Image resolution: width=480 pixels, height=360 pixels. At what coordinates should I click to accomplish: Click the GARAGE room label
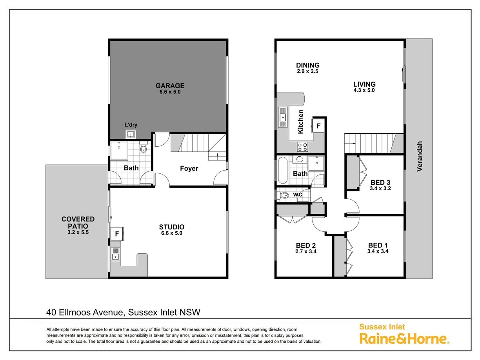tap(170, 85)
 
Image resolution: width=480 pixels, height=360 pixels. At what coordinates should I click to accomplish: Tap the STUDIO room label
tap(172, 227)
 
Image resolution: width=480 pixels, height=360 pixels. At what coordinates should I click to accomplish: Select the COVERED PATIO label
tap(78, 222)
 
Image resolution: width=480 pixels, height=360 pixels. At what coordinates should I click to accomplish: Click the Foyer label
tap(189, 168)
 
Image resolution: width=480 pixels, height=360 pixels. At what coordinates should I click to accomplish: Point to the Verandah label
tap(420, 156)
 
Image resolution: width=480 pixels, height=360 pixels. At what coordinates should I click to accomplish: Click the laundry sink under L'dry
tap(131, 134)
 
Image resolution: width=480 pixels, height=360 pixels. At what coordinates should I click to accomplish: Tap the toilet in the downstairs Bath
tap(143, 147)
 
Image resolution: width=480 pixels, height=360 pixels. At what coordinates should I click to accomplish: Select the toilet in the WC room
tap(282, 195)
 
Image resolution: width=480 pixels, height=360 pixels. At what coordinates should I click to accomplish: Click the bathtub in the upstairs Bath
tap(282, 170)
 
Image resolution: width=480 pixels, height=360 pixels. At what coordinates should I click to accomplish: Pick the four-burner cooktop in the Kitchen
tap(302, 147)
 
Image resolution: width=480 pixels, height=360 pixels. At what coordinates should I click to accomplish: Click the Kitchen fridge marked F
tap(318, 125)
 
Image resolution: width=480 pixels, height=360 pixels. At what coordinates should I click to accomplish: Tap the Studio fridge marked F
tap(117, 234)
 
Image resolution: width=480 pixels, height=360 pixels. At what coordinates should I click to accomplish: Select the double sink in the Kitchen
tap(282, 117)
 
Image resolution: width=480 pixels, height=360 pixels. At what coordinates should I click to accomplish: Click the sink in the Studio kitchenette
tap(115, 254)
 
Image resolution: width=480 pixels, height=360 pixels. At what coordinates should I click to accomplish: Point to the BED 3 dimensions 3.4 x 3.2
tap(380, 188)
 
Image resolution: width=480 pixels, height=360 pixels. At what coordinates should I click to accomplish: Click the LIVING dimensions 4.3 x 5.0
tap(364, 90)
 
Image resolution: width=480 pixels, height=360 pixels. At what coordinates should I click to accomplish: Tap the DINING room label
tap(308, 65)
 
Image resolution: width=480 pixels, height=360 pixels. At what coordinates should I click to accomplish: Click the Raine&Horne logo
tap(404, 339)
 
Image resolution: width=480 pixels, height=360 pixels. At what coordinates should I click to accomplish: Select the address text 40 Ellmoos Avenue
tap(85, 313)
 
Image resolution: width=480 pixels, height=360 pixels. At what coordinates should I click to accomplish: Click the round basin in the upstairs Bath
tap(298, 159)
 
